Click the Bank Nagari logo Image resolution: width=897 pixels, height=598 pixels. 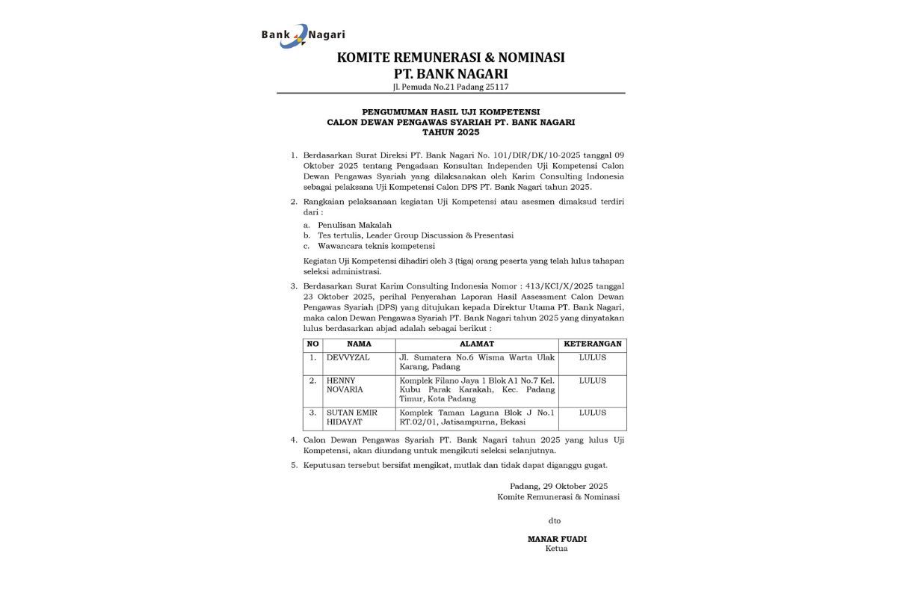pos(302,35)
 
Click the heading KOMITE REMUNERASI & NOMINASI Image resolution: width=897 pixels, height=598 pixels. pos(451,58)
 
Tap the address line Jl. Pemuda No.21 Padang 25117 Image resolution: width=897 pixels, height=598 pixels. pos(451,87)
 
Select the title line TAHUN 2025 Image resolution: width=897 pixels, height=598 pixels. pos(451,132)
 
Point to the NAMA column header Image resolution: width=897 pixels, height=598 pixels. pos(359,345)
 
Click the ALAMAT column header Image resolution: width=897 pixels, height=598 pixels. pos(476,345)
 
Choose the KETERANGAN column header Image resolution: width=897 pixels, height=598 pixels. pos(592,345)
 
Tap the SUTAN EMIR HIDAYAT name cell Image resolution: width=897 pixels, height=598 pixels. pos(352,418)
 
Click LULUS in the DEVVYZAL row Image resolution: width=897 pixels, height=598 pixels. pos(592,358)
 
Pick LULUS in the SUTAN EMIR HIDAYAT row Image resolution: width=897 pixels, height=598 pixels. pos(592,413)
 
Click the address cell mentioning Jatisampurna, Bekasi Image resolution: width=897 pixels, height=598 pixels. pos(476,418)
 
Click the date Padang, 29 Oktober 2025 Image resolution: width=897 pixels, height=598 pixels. pos(558,486)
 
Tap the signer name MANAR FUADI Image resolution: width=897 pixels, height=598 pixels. pos(557,538)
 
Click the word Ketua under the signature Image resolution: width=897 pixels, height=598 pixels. pos(557,549)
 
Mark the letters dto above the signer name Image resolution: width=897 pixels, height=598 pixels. pos(554,520)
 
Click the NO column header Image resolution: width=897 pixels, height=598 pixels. pos(313,345)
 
